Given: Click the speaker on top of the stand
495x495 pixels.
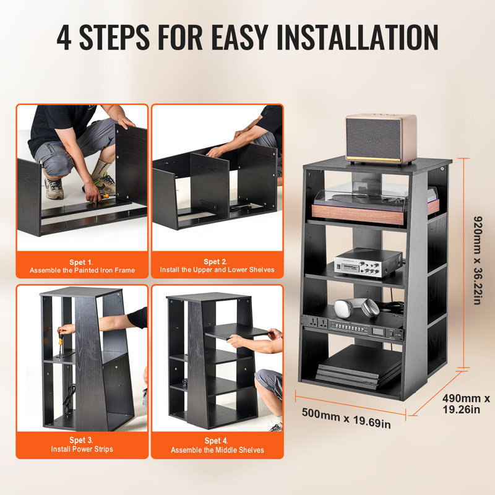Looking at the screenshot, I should click(380, 138).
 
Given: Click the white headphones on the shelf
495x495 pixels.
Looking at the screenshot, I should click(356, 308).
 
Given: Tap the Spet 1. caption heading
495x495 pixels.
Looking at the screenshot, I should click(82, 262).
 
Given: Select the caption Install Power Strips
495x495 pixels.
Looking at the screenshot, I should click(82, 449).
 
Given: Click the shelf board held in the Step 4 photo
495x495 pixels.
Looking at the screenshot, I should click(235, 332).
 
